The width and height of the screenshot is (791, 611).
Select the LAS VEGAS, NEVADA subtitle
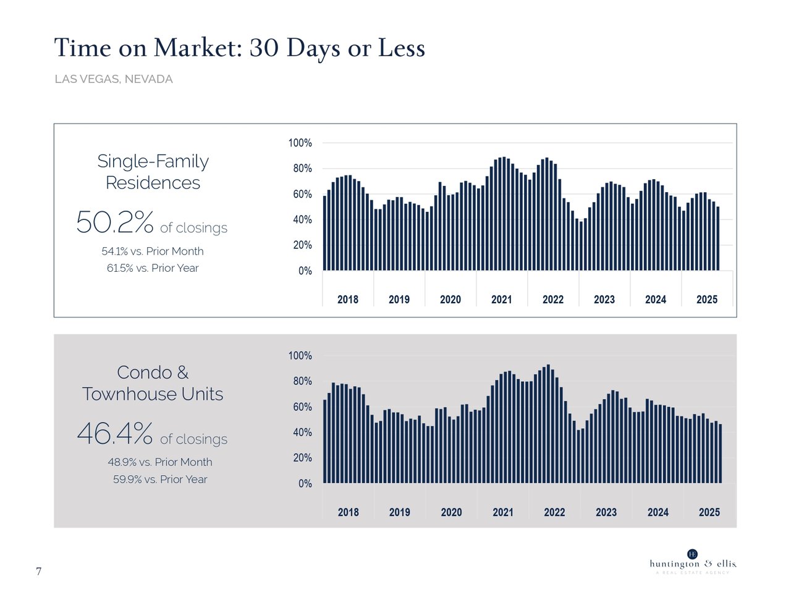114,79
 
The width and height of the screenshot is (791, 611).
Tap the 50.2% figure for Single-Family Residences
115,222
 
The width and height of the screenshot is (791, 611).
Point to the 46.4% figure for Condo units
115,434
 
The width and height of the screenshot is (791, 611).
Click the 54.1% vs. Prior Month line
153,251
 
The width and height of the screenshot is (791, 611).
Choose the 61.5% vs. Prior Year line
153,268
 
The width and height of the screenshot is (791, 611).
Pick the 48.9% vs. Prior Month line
160,462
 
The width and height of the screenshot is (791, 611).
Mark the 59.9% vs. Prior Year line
160,479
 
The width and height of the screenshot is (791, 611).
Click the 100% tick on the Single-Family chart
300,143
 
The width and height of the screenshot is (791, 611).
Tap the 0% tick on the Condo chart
305,484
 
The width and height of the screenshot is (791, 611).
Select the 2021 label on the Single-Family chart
502,300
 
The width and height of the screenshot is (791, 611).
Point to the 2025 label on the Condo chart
709,512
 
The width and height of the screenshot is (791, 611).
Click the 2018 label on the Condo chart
349,512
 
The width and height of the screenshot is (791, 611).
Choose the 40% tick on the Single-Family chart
303,220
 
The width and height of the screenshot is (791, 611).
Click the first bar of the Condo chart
325,441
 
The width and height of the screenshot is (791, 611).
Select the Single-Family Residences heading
153,172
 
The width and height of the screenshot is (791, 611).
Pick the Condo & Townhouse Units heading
153,383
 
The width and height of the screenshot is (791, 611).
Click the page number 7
39,571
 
